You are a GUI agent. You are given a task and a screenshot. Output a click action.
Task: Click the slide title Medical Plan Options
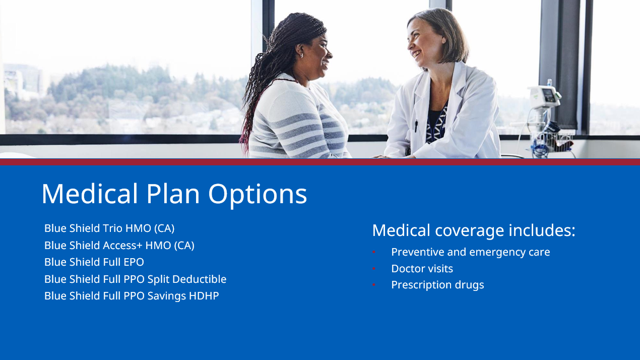(174, 195)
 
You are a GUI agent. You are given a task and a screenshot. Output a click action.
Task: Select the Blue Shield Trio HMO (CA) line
(109, 228)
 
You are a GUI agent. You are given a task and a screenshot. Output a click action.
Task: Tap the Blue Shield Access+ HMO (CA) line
(119, 246)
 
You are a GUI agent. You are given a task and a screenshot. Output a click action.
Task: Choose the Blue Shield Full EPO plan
(94, 262)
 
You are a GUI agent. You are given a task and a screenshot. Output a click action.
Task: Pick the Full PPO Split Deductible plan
(136, 279)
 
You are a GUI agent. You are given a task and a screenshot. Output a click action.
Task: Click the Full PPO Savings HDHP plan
(132, 295)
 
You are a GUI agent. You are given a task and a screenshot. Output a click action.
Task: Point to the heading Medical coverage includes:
(474, 230)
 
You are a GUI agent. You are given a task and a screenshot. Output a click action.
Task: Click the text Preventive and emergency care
(471, 252)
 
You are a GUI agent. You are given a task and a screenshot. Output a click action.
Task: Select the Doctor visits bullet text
(422, 269)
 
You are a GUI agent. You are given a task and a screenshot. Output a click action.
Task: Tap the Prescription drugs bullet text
(437, 285)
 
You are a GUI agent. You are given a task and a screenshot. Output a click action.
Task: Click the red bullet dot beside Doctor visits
(374, 269)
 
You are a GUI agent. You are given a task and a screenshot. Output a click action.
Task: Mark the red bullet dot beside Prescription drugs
(374, 285)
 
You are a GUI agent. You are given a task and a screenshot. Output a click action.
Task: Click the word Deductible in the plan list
(200, 279)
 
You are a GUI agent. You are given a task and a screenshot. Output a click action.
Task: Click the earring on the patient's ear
(301, 55)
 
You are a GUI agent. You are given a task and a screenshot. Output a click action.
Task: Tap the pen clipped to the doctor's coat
(416, 126)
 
